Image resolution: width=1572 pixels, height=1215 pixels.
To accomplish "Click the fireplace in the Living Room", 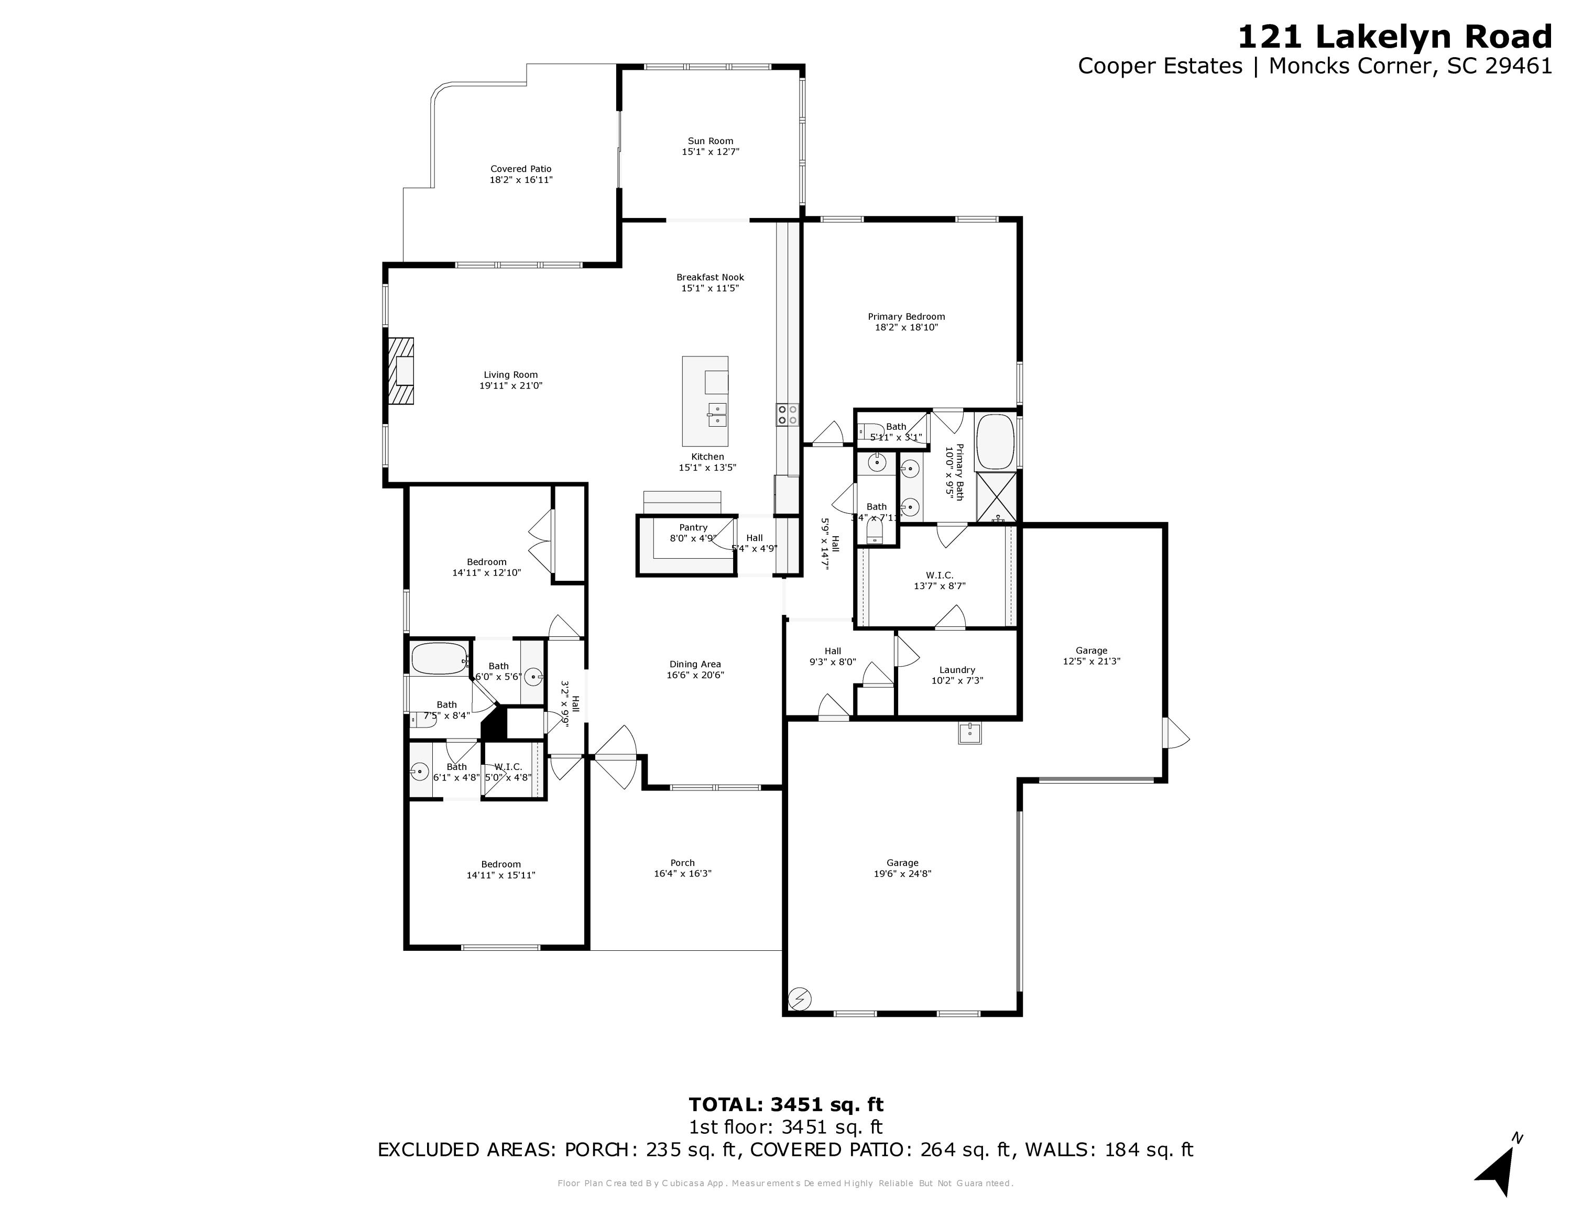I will (401, 372).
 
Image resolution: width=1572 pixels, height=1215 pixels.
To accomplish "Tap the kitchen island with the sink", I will (705, 401).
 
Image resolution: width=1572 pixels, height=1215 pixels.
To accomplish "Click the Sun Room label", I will (711, 141).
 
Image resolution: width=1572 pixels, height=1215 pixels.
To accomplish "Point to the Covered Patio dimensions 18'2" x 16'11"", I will (521, 180).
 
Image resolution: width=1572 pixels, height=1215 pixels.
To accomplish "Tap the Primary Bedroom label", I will (905, 317).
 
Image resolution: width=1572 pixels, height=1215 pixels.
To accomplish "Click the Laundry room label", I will (957, 669).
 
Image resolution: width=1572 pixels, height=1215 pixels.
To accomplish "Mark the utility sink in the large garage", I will (969, 733).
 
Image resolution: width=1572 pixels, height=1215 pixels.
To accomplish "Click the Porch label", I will (682, 862).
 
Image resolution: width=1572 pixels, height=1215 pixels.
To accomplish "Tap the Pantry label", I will (693, 528).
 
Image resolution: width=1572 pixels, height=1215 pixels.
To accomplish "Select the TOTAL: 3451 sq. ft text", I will (785, 1104).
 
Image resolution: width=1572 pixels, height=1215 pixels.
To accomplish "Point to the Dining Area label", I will (695, 664).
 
